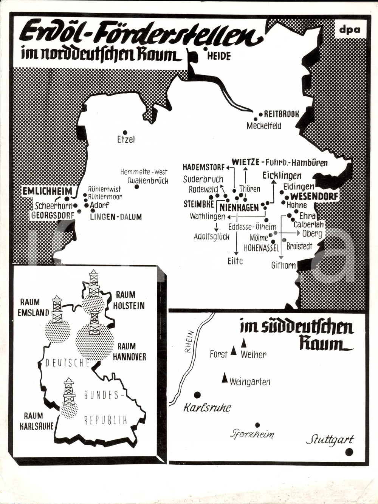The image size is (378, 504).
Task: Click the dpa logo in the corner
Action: (350, 30)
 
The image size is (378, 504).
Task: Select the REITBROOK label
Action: (281, 114)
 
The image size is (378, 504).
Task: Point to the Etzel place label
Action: (126, 139)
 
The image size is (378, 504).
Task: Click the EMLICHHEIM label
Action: (47, 191)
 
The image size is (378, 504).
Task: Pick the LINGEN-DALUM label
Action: (116, 217)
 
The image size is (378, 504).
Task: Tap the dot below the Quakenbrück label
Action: (136, 187)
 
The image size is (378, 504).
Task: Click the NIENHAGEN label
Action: (239, 207)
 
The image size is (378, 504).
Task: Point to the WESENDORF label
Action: (314, 196)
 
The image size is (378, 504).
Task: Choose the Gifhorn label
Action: (283, 265)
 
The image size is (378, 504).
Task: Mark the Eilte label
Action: (235, 261)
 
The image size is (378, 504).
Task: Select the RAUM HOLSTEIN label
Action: (129, 300)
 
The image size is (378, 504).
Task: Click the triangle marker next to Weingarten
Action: (225, 377)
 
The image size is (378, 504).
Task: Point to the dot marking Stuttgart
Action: (349, 451)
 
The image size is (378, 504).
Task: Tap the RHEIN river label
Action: (189, 342)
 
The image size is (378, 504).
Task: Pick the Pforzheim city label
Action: (252, 434)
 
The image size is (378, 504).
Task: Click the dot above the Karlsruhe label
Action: (197, 395)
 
